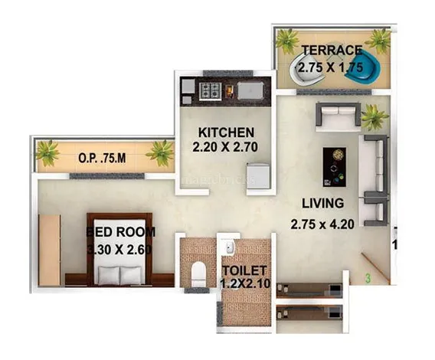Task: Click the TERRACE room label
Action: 332,50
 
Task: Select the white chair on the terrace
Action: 307,69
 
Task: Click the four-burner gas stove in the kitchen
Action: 211,91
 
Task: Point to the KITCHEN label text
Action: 226,133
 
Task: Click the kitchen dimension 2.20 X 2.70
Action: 225,147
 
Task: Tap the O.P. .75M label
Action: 102,159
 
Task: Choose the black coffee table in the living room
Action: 335,167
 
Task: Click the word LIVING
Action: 322,204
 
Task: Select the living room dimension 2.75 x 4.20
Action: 322,224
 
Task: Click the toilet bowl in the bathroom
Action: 198,274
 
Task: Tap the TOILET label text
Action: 244,270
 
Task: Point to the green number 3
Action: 368,278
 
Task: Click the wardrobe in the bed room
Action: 49,250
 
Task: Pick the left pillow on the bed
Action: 109,275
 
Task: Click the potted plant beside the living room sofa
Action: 374,117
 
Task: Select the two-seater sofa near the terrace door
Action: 339,116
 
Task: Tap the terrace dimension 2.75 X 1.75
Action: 331,67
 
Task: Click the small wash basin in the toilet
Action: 230,247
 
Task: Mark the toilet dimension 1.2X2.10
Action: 245,283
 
